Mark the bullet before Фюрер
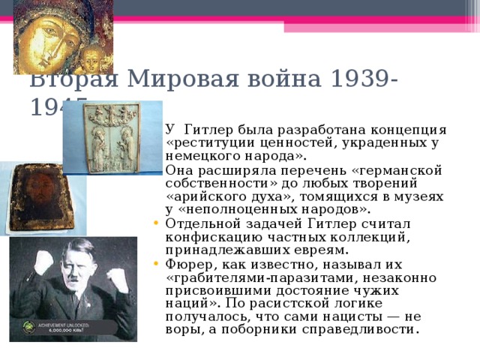coord(153,265)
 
